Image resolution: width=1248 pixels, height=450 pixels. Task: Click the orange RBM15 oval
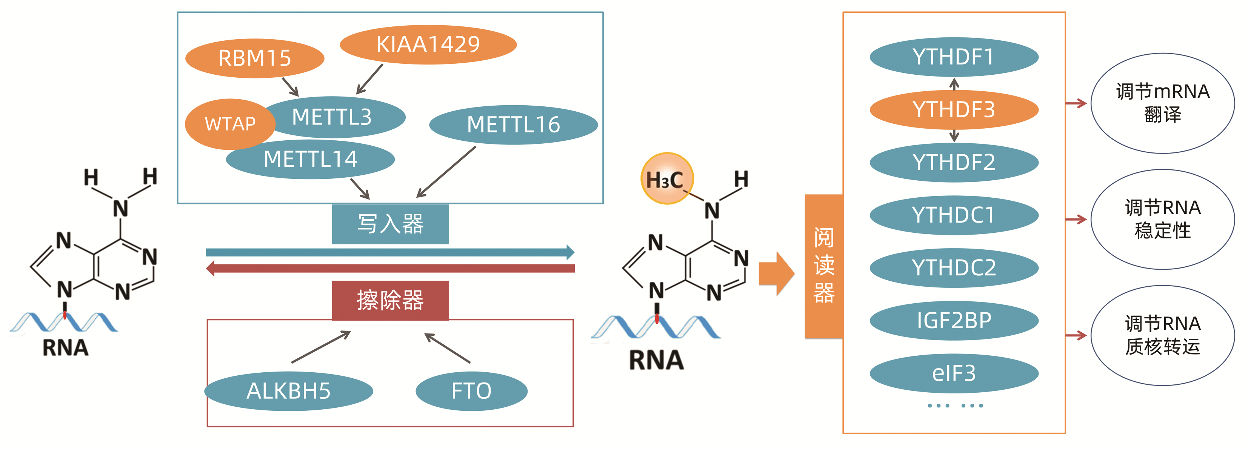254,58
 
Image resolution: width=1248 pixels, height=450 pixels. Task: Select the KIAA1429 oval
428,45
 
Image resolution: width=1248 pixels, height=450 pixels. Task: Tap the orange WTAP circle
230,124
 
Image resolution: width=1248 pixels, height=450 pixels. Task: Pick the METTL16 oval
513,125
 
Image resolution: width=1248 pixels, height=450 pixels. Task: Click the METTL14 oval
310,159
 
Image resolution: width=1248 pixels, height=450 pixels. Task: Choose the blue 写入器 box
390,224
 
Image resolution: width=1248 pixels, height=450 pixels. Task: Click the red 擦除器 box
390,300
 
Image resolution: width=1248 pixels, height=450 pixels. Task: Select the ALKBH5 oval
289,391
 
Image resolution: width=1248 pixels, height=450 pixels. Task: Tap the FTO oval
471,391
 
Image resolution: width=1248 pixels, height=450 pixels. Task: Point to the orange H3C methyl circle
666,179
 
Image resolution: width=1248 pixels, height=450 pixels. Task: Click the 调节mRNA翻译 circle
1162,103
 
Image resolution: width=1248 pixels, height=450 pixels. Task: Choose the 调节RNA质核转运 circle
1162,335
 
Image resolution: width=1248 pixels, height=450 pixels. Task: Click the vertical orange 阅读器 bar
823,266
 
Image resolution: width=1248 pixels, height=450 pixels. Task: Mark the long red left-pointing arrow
390,268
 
